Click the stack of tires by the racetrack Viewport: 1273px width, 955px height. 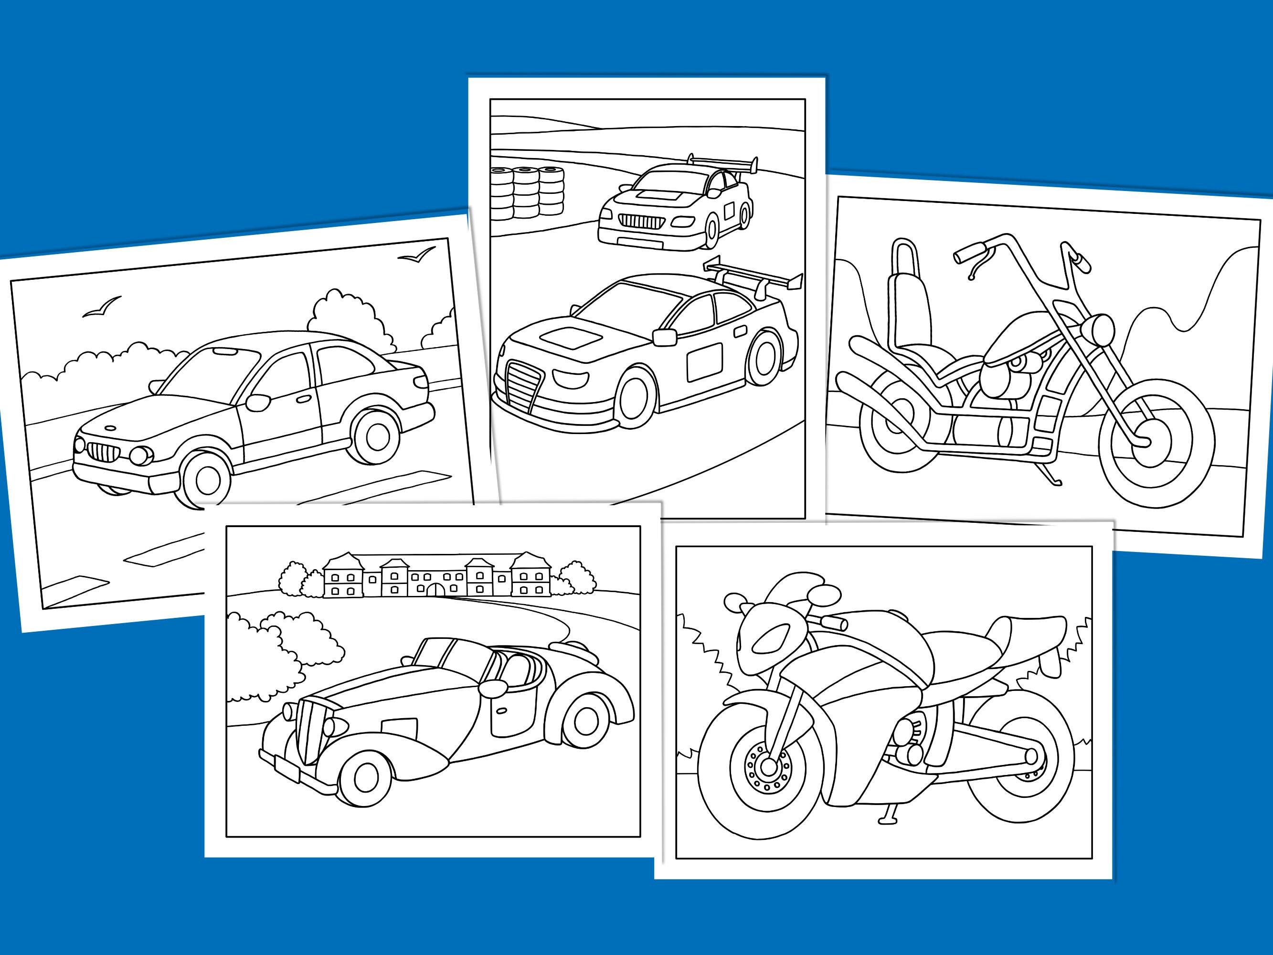point(527,192)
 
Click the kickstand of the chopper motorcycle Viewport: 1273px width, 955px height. point(1050,476)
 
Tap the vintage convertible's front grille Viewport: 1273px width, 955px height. point(311,729)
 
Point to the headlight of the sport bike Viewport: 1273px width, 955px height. point(771,639)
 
